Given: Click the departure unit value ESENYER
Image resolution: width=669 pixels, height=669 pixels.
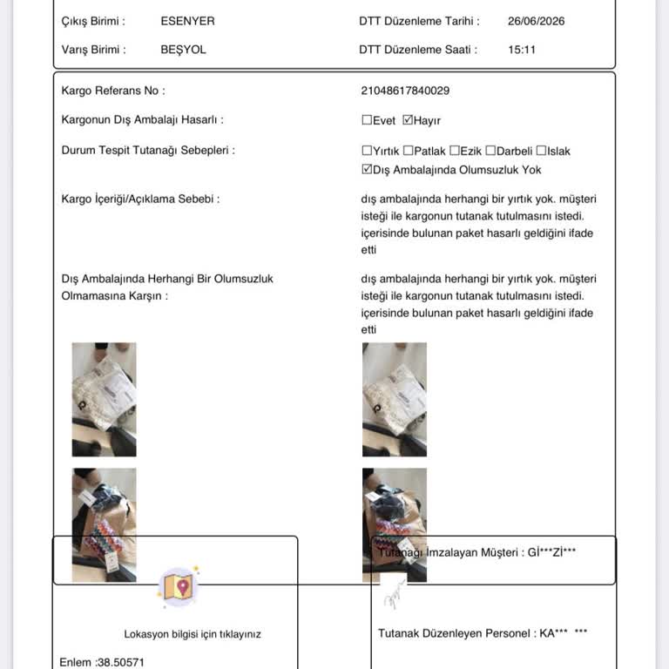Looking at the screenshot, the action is point(187,21).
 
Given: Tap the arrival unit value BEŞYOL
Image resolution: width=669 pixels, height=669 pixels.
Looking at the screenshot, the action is point(183,50).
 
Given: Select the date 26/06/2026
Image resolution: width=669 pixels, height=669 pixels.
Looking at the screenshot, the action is point(536,21).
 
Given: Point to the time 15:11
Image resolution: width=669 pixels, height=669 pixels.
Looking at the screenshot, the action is point(522,50).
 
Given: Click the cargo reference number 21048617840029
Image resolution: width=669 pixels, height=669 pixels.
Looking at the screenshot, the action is point(405,91).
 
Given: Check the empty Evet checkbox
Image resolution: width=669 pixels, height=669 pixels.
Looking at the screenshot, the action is point(367,120).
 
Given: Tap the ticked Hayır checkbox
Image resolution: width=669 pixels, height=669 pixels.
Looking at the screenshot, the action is point(408,120).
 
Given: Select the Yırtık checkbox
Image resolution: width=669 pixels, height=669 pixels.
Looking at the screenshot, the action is point(367,151).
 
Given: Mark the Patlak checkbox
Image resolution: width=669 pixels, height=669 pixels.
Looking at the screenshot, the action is point(408,151).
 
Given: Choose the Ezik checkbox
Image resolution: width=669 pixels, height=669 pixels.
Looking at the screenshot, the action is point(455,151).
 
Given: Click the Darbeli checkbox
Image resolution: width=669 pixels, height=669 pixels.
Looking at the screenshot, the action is point(490,151).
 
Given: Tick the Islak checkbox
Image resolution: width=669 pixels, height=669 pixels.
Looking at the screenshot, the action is point(541,151).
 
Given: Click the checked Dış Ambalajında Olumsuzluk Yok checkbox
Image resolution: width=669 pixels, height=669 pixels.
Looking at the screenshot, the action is point(367,169).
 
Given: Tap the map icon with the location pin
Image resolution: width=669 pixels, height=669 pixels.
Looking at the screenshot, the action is point(179,586).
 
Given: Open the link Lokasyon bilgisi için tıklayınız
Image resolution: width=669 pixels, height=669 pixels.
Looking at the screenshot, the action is point(193,634).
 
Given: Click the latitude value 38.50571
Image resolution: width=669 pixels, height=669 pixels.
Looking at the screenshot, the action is point(121,662).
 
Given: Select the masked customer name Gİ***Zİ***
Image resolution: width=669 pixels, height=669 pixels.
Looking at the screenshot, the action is point(551,552).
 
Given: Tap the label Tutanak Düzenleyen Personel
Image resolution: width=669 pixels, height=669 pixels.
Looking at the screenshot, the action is point(454,633).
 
